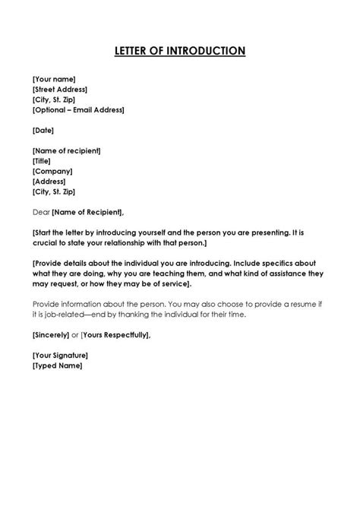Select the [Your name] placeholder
(x=54, y=77)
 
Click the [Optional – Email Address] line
(x=78, y=109)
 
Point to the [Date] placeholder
(x=43, y=130)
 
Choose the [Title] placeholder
(x=43, y=161)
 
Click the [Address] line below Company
(x=49, y=182)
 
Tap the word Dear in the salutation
(x=41, y=212)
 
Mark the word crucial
(x=46, y=243)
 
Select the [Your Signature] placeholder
(x=60, y=355)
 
